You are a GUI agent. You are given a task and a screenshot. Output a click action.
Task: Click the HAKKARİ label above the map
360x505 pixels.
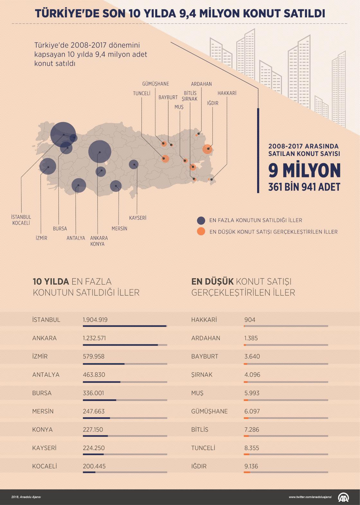point(227,93)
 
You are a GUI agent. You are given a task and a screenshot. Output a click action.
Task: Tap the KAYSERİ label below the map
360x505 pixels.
point(138,218)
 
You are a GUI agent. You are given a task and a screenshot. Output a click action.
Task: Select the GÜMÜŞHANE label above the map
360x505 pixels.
point(156,84)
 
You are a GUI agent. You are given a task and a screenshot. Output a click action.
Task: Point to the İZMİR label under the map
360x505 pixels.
point(41,238)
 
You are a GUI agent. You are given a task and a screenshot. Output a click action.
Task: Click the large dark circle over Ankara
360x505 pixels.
point(100,152)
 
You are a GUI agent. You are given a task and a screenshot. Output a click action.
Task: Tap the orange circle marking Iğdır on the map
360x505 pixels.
point(208,149)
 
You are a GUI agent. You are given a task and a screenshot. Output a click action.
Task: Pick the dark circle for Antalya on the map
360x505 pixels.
point(78,185)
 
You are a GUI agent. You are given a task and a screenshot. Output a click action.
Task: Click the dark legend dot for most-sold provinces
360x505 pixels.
point(201,220)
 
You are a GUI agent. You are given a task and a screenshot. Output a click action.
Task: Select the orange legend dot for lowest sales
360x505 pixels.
point(201,231)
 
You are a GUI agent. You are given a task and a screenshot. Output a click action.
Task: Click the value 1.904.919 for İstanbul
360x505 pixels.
point(95,320)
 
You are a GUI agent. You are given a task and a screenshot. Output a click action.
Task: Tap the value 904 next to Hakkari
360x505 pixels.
point(250,320)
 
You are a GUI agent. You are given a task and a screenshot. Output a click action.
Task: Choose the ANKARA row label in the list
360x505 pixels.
point(44,338)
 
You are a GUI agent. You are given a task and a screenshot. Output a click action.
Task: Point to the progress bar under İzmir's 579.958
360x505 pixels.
point(125,364)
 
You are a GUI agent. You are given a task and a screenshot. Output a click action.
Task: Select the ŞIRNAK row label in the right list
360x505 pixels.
point(202,375)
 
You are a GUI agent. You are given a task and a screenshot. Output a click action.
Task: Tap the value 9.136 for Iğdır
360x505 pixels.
point(251,466)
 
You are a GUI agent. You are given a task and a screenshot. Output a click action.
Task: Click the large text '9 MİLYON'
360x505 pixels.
point(304,170)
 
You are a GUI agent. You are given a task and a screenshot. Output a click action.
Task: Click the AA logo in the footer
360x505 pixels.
point(344,497)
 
